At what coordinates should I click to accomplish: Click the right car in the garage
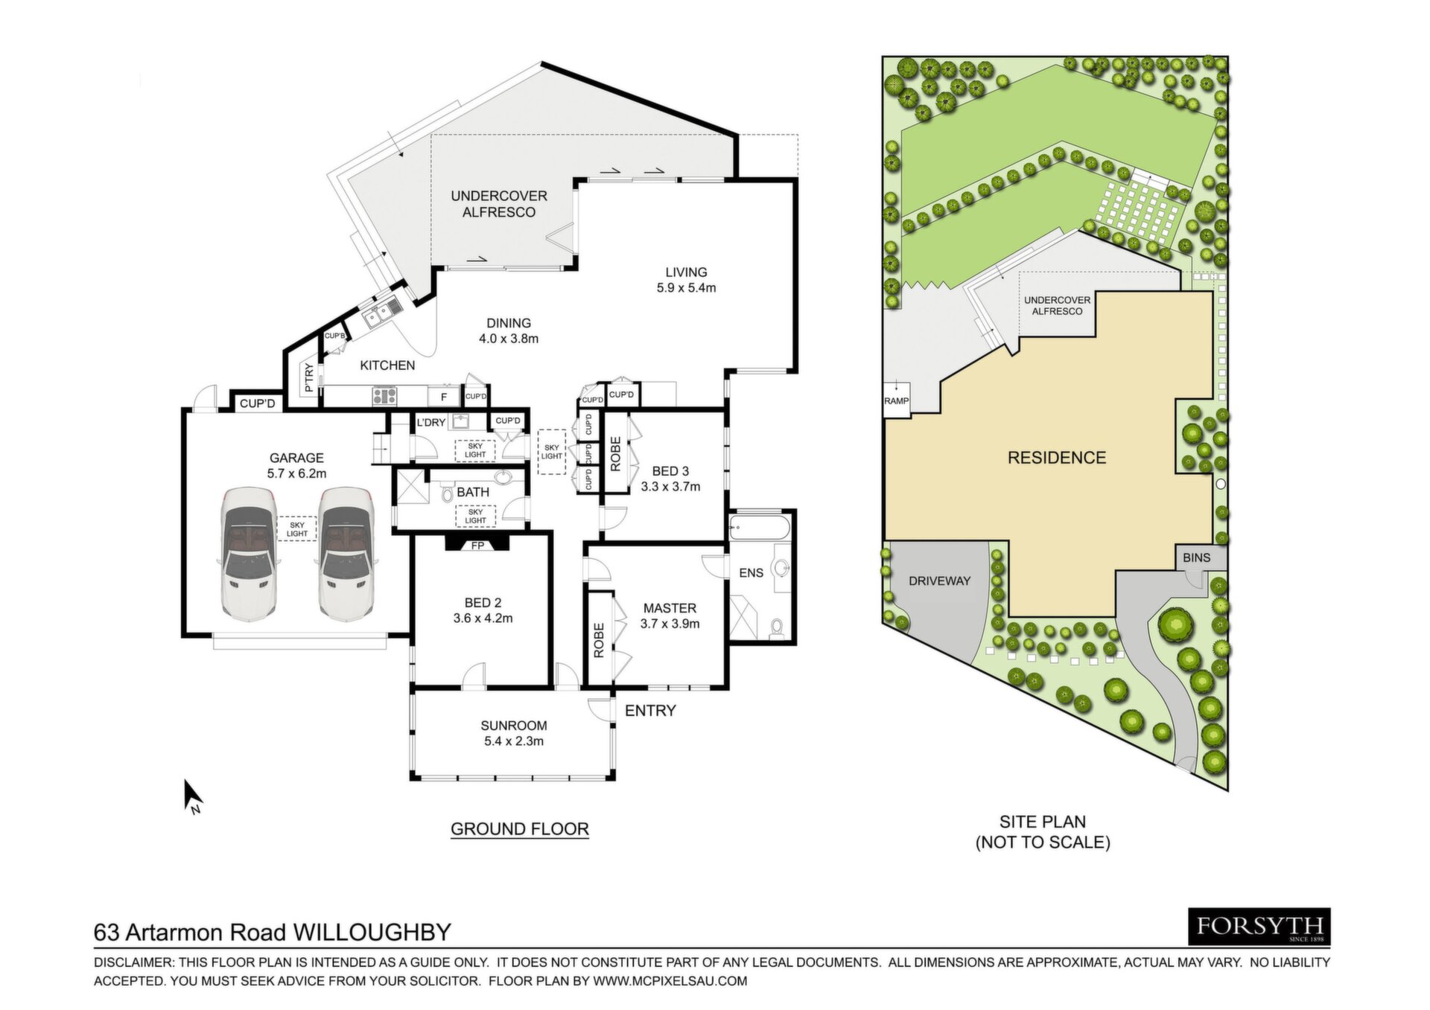click(346, 554)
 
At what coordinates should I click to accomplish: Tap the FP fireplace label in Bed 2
click(477, 546)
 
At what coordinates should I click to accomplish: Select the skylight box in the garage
click(297, 529)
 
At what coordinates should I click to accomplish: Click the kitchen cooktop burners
click(385, 396)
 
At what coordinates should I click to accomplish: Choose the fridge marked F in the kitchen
click(444, 397)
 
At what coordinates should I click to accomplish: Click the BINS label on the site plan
click(1196, 557)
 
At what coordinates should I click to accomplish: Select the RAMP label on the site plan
click(897, 400)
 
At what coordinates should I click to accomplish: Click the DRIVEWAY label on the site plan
click(939, 581)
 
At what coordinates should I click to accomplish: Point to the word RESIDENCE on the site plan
click(1057, 458)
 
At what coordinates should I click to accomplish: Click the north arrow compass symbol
click(193, 796)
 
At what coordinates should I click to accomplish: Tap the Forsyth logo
click(1259, 927)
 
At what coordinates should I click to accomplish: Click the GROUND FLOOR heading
click(520, 829)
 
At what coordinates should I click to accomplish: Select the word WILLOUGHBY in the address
click(372, 932)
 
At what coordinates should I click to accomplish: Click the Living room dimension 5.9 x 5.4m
click(686, 288)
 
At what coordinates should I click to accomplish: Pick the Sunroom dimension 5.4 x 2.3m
click(514, 741)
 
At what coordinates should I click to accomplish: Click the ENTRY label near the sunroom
click(650, 711)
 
